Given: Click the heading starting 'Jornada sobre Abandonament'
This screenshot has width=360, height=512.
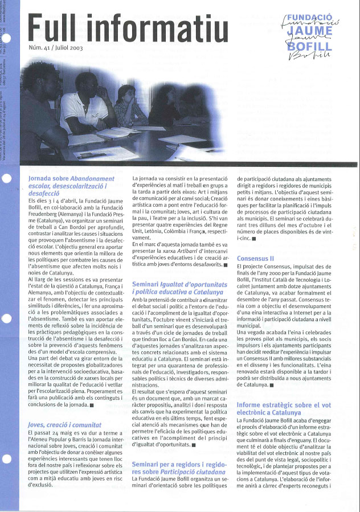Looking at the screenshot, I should [x=71, y=186].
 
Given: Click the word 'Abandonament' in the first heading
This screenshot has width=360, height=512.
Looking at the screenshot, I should [x=91, y=178].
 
